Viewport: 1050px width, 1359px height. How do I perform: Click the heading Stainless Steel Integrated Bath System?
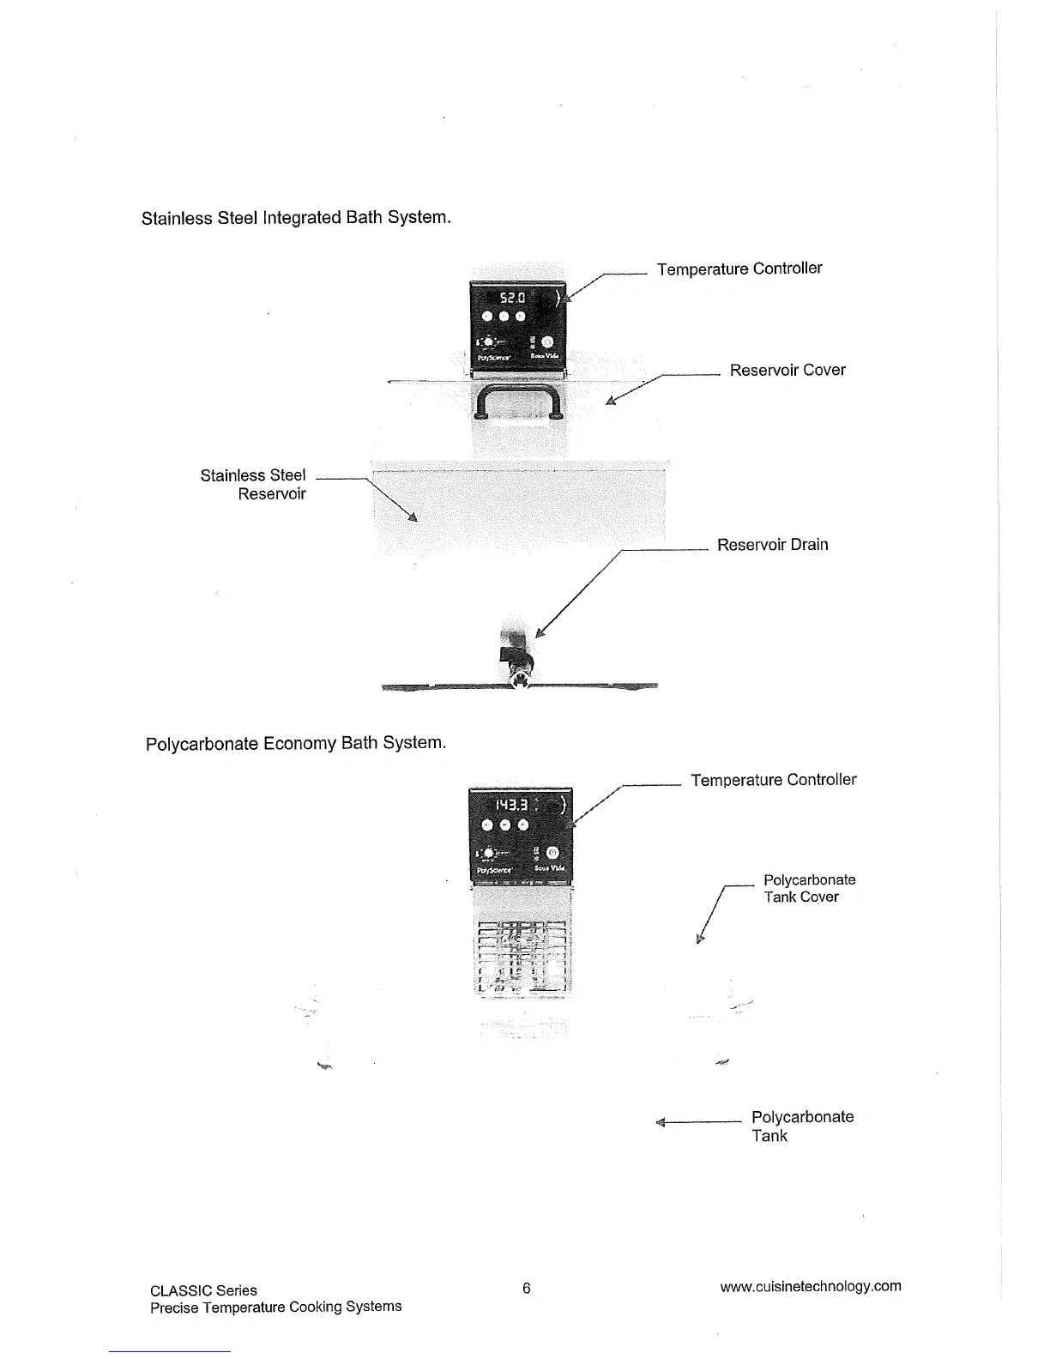click(x=296, y=218)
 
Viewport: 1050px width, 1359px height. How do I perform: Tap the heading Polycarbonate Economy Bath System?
click(x=296, y=743)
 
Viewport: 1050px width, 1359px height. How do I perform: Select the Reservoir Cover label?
click(x=787, y=371)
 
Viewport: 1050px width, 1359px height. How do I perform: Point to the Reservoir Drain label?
click(x=772, y=545)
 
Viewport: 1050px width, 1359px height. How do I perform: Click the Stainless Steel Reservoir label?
click(x=253, y=485)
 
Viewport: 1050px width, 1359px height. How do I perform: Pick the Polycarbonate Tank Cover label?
click(x=809, y=889)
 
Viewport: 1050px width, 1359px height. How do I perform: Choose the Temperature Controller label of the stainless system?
click(x=739, y=269)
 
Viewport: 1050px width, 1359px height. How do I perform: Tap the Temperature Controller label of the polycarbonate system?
click(x=773, y=780)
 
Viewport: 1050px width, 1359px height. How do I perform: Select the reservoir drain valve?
click(x=518, y=661)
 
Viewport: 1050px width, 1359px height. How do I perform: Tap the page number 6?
click(x=527, y=1288)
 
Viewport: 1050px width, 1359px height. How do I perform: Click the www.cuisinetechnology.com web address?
click(x=810, y=1286)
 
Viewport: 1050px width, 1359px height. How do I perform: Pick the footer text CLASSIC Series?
click(x=203, y=1290)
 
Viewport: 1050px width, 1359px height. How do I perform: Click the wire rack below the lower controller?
click(x=520, y=957)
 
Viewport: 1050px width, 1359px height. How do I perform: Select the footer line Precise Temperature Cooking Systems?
click(x=275, y=1307)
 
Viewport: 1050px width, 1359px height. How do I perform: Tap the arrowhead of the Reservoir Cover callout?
click(x=611, y=400)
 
